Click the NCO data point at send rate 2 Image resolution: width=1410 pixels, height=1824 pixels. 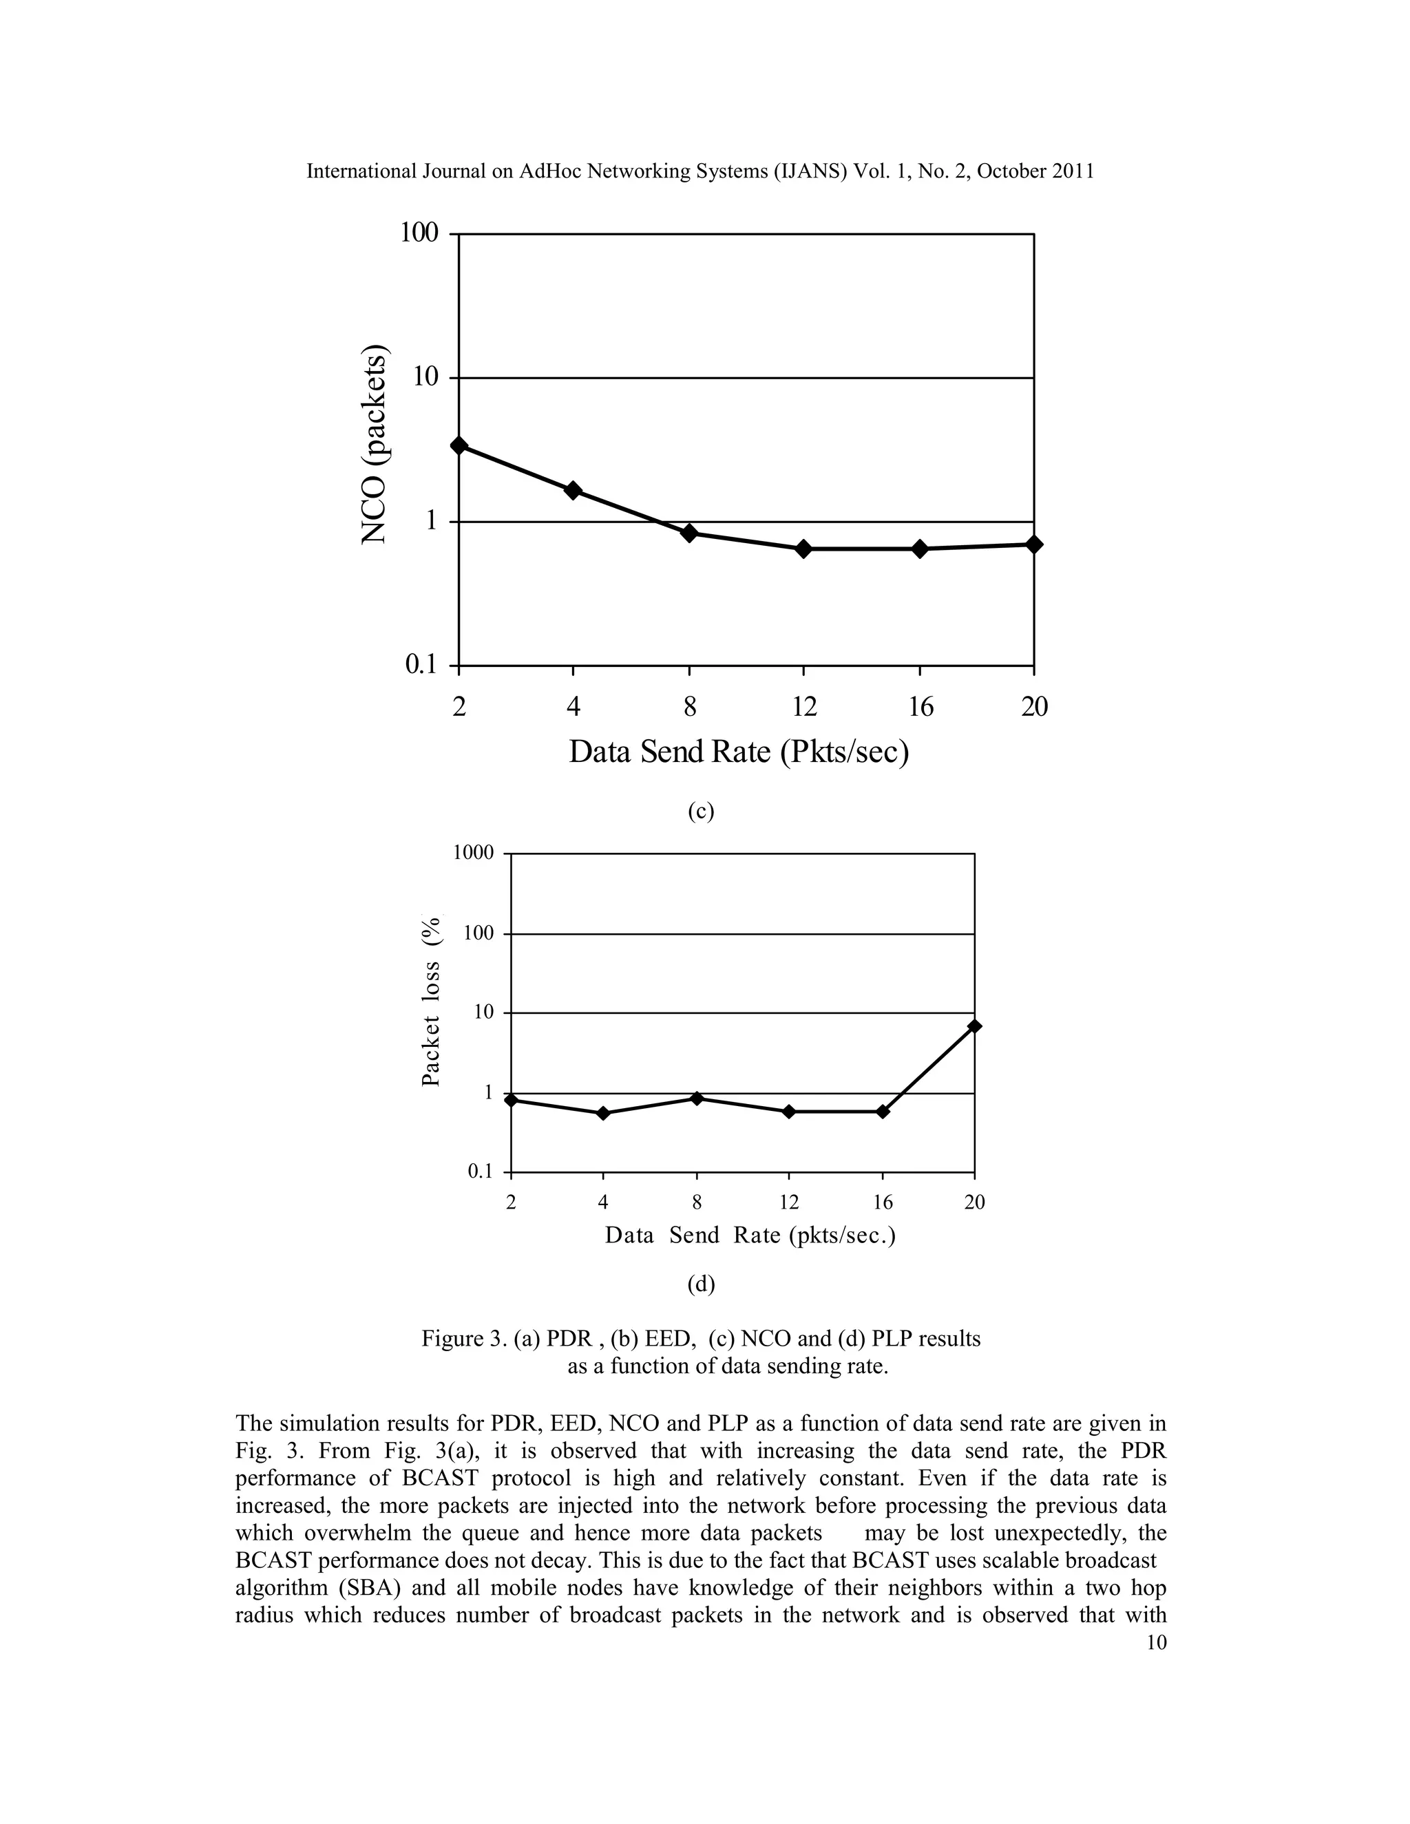point(459,445)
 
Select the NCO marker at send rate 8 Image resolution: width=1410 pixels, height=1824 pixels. point(689,533)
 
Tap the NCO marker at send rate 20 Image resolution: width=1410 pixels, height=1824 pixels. point(1033,544)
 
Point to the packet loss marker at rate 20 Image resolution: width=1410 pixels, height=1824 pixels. point(974,1026)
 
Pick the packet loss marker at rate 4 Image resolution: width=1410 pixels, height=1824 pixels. point(604,1113)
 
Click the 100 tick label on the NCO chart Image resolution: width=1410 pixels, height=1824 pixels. point(419,233)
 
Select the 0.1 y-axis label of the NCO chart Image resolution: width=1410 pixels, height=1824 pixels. point(422,665)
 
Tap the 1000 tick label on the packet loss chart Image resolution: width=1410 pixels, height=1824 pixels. point(474,853)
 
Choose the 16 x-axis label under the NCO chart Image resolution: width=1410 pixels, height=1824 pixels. point(920,708)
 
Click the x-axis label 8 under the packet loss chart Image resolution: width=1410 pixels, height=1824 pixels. point(697,1202)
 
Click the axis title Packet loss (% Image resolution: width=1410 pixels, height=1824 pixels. point(431,1002)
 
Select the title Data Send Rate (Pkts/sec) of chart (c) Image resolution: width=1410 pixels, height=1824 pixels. point(739,752)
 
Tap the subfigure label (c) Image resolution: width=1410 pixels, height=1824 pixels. point(701,811)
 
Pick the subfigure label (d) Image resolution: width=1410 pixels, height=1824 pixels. point(701,1284)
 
